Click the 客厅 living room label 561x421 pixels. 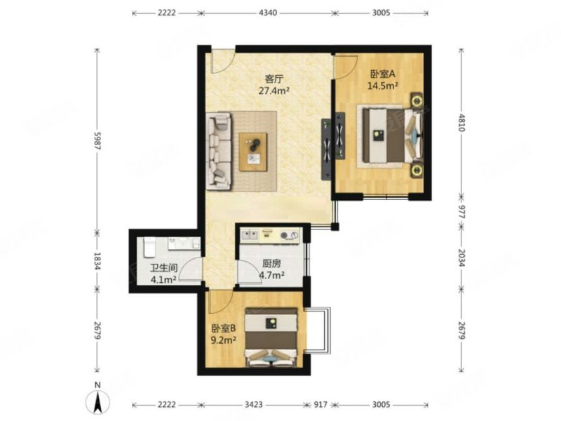pos(273,78)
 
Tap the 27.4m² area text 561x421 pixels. pos(273,91)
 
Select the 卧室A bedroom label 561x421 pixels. pos(382,74)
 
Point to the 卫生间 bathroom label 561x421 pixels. pos(163,267)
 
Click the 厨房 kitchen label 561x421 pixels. pos(271,264)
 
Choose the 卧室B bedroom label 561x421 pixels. pos(224,328)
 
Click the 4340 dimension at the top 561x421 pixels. pos(268,13)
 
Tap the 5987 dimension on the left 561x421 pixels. pos(97,141)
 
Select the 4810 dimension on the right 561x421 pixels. pos(462,122)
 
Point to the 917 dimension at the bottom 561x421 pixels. pos(320,405)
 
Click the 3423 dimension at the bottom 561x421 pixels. pos(253,405)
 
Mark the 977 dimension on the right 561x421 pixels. pos(462,213)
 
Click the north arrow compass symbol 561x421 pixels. pos(97,401)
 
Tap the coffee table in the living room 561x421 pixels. pos(253,152)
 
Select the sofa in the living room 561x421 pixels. pos(219,151)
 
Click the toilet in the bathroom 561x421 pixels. pos(149,248)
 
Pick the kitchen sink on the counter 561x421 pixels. pos(250,235)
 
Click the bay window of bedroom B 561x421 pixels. pos(318,330)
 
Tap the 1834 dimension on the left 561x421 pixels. pos(97,261)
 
